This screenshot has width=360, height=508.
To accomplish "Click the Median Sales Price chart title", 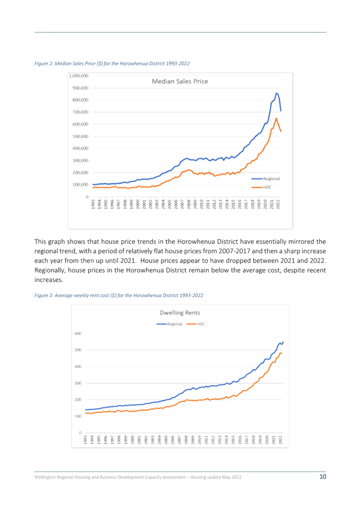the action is (180, 81).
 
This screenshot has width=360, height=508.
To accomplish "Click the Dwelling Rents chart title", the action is (180, 313).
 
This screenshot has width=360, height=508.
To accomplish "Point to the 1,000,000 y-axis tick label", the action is (79, 76).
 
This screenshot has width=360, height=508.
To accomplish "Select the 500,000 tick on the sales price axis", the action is (81, 136).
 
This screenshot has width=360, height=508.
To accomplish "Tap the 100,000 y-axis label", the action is (81, 185).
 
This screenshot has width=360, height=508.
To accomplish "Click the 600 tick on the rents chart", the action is (78, 333).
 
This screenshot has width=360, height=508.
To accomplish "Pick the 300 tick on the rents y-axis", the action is (78, 383).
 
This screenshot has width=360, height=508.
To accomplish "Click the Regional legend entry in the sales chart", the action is (266, 179).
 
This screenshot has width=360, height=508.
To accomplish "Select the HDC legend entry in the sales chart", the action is (261, 187).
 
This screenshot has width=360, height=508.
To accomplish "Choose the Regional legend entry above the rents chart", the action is (169, 324).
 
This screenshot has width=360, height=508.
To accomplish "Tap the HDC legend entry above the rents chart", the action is (196, 324).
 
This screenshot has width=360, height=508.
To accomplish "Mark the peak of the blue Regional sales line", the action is (276, 93).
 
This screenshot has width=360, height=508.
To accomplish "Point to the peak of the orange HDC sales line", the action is (276, 118).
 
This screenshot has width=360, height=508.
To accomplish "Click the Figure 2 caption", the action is (112, 64).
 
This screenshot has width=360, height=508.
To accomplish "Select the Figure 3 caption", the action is (118, 295).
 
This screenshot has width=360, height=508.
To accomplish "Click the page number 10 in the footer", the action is (323, 476).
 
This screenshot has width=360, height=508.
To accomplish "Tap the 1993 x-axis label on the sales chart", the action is (93, 205).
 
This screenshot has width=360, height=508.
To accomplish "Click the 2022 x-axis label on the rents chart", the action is (281, 440).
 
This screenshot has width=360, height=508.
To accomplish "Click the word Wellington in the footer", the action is (45, 477).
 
